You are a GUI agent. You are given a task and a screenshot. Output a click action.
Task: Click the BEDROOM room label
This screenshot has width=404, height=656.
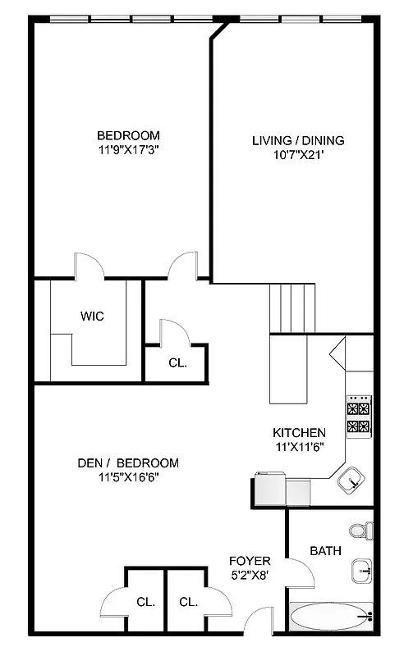(x=128, y=135)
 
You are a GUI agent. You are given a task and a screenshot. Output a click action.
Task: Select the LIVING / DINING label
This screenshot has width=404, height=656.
(x=298, y=140)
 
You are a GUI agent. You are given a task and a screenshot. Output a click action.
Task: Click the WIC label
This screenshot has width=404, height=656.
(x=92, y=316)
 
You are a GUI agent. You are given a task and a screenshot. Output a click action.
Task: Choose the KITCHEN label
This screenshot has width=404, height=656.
(x=300, y=432)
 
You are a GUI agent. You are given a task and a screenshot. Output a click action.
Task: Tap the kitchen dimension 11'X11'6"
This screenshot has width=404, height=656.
(x=300, y=446)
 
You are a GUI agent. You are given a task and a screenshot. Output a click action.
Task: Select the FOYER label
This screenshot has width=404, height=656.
(x=250, y=561)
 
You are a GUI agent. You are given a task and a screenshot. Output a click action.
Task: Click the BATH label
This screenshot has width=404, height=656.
(x=325, y=551)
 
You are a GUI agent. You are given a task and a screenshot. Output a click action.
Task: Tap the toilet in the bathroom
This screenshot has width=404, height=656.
(x=358, y=531)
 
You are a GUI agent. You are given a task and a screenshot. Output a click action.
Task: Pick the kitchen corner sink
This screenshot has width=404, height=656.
(x=351, y=480)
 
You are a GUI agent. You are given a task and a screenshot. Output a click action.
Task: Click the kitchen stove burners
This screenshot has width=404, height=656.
(x=359, y=417)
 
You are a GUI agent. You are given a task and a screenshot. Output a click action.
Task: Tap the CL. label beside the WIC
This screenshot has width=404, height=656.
(x=177, y=362)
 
